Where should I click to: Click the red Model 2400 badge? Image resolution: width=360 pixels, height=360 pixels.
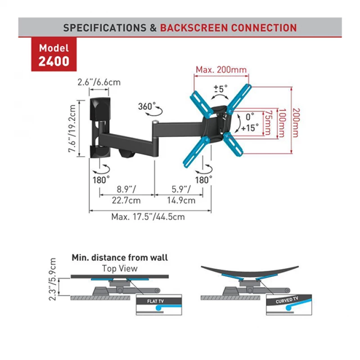click(54, 54)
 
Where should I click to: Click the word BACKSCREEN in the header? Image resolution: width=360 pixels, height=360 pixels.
click(193, 27)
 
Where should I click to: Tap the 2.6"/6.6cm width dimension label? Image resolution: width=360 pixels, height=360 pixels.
click(99, 83)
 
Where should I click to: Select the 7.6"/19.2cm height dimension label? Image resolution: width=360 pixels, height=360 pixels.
click(72, 129)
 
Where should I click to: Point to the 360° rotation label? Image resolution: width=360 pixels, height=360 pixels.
click(147, 107)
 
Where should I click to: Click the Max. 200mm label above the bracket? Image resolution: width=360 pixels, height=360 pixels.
click(221, 70)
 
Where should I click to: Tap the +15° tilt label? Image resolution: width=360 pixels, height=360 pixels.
click(250, 127)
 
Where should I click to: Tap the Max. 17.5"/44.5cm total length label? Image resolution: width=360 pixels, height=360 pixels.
click(148, 216)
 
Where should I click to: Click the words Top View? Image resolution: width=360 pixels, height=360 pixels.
click(120, 269)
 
